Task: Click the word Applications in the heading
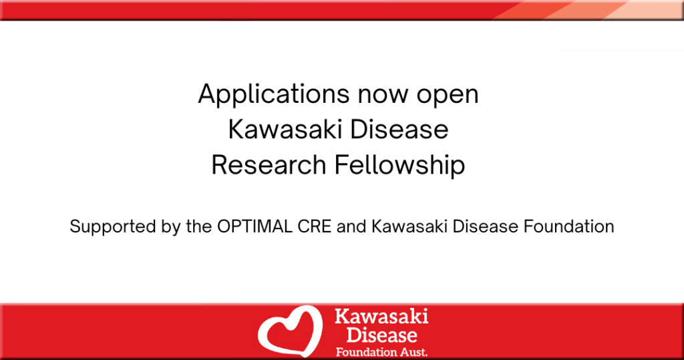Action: point(274,94)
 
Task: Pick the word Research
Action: point(269,165)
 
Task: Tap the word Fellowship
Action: point(399,166)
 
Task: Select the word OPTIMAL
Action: point(254,226)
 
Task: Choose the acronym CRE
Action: point(315,226)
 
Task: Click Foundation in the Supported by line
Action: point(569,226)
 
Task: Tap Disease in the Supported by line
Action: point(486,226)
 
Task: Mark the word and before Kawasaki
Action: point(351,226)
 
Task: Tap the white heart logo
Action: point(290,331)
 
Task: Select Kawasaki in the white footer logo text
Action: point(381,316)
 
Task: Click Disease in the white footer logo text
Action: point(381,335)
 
